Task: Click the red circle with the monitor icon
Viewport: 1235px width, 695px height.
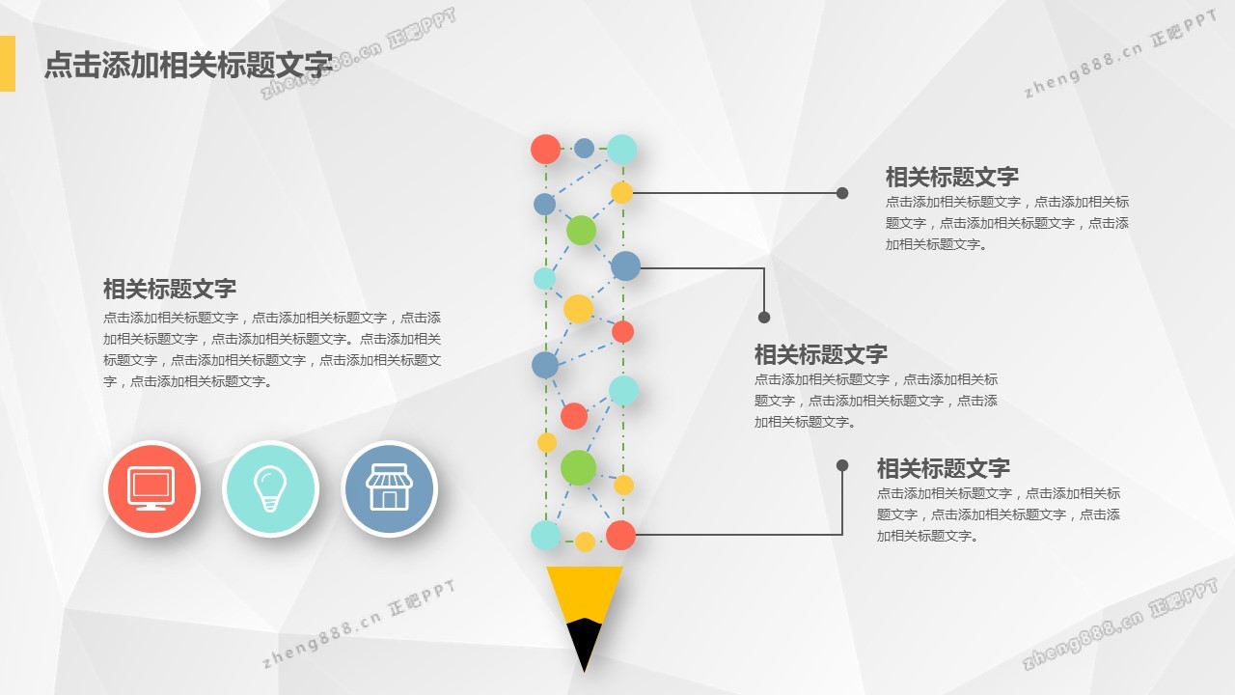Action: click(x=152, y=488)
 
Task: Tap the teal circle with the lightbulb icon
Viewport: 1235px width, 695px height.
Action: click(x=271, y=488)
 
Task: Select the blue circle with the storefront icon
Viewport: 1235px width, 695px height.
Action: click(x=389, y=488)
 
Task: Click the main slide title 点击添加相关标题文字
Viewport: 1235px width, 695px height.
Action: click(x=188, y=65)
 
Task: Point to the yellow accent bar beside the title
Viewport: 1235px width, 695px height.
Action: click(x=7, y=64)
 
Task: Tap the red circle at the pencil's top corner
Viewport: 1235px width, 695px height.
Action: click(x=545, y=149)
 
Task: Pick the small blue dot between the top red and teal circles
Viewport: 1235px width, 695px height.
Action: click(x=584, y=148)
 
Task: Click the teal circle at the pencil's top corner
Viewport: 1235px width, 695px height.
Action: click(x=622, y=149)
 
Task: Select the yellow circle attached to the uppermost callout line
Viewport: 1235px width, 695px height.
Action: click(x=622, y=193)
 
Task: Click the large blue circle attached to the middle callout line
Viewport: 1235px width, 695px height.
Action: click(x=626, y=266)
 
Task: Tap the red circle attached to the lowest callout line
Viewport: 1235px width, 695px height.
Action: click(x=620, y=535)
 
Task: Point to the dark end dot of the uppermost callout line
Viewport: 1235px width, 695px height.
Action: click(x=842, y=193)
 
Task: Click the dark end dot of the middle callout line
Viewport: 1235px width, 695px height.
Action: click(x=763, y=318)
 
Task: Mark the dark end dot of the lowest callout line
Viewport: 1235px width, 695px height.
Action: click(x=842, y=465)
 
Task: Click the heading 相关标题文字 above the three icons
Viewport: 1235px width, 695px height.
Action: click(x=170, y=289)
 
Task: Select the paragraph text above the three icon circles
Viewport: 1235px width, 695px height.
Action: click(x=272, y=349)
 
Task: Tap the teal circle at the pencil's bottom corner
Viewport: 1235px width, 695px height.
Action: click(x=545, y=535)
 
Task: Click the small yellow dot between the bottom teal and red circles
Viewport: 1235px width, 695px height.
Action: click(x=585, y=542)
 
